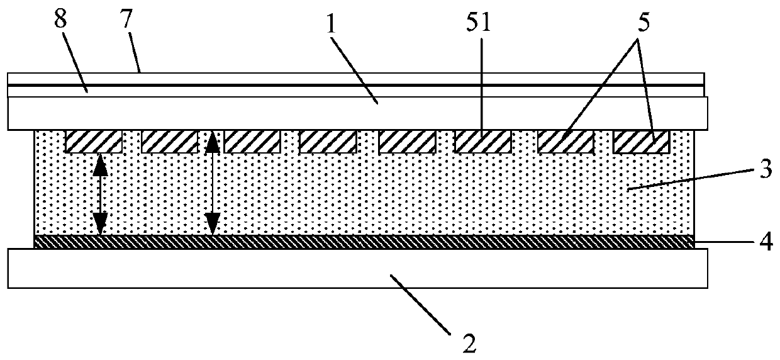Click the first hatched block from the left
pos(94,142)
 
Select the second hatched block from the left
pos(170,142)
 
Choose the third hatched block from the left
pos(252,142)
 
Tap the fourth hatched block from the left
pos(328,142)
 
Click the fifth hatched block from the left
pos(407,142)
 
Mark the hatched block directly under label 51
pos(482,142)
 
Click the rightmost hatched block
pos(641,142)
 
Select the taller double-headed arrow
pos(213,183)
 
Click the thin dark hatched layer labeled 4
pos(365,242)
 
